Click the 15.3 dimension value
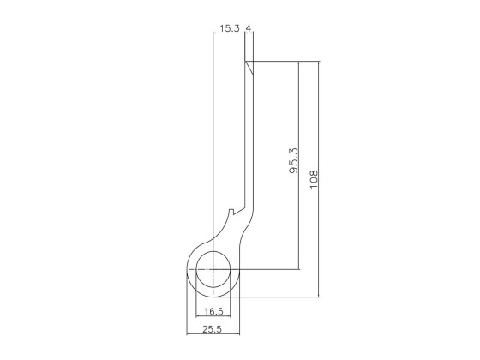click(230, 28)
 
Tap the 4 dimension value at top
click(249, 28)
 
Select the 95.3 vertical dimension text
click(293, 161)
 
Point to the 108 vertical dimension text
click(314, 179)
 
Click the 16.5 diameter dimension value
click(213, 312)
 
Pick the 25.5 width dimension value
click(212, 329)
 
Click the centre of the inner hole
click(213, 269)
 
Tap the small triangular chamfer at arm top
click(250, 67)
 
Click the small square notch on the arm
click(231, 212)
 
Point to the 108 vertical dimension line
click(319, 179)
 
